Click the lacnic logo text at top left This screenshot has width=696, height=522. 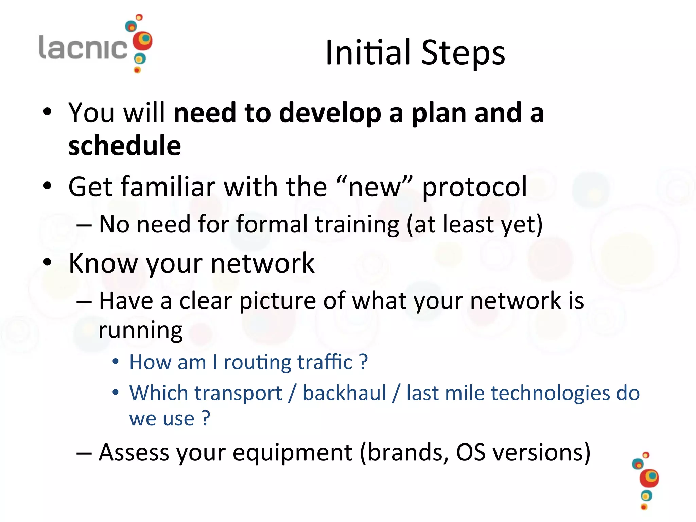point(83,48)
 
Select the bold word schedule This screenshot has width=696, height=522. point(124,145)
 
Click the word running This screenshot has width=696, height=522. point(141,330)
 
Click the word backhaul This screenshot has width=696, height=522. point(344,393)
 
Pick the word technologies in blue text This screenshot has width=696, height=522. point(551,393)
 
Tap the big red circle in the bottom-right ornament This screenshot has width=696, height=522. point(649,478)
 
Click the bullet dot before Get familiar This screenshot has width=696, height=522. point(47,186)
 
